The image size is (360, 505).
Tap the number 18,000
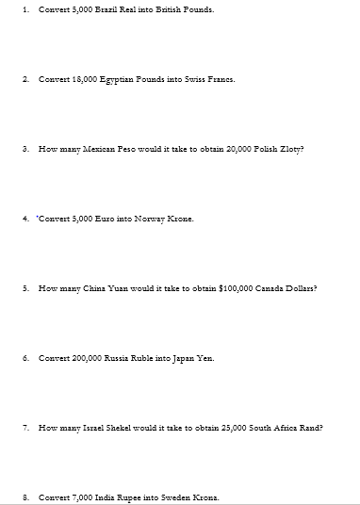pos(79,79)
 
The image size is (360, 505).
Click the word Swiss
pos(191,79)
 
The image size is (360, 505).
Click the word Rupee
pos(123,497)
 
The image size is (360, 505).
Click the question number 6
pos(25,358)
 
